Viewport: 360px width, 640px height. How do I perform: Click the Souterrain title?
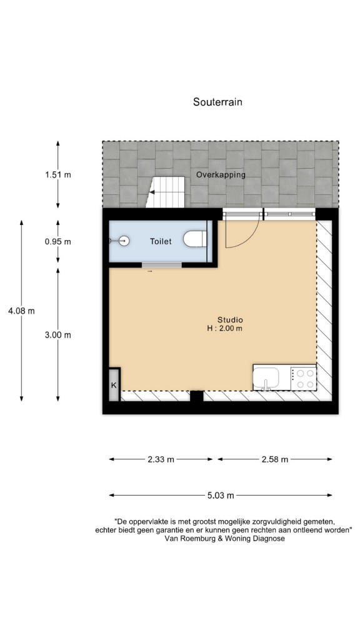[217, 102]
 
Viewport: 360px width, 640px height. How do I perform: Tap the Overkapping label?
[221, 175]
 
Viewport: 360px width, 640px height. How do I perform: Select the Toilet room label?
[161, 241]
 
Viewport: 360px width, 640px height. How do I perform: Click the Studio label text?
[230, 320]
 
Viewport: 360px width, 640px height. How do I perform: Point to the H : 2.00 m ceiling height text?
[224, 328]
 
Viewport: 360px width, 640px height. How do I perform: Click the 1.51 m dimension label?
[58, 175]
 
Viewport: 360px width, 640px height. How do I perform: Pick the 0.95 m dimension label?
[58, 242]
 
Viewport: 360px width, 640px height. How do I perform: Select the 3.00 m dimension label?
[58, 335]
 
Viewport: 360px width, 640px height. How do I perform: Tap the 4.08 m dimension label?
[21, 311]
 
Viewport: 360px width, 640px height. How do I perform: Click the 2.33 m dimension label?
[161, 459]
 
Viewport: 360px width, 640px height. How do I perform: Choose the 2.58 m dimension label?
[275, 459]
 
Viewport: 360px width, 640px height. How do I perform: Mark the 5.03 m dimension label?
[221, 496]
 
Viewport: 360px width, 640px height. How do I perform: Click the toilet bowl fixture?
[195, 239]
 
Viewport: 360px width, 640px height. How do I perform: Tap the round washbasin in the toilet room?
[124, 241]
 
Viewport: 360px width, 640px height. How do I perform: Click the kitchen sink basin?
[266, 378]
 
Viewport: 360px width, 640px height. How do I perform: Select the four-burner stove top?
[304, 378]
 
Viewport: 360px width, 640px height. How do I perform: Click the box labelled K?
[114, 384]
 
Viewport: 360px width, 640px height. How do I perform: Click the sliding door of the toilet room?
[162, 265]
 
